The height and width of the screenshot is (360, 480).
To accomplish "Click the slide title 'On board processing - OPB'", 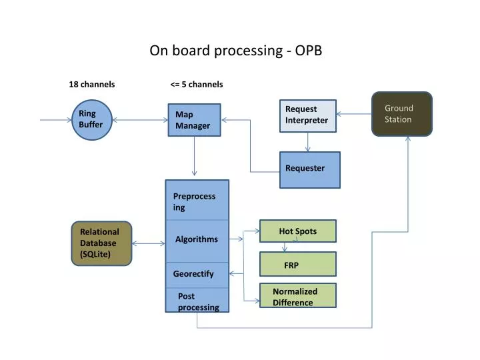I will (235, 51).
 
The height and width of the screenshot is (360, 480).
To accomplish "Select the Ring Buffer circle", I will (91, 120).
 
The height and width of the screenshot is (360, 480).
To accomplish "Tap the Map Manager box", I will (193, 120).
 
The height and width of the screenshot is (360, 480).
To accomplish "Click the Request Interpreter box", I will (307, 115).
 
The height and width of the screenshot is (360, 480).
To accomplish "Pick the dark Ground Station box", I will (401, 114).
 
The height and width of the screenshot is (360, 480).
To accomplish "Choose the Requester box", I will (309, 169).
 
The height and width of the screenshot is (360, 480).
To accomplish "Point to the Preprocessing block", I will (197, 200).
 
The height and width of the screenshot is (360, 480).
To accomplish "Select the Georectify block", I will (197, 274).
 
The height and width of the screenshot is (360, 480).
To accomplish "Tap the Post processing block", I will (197, 301).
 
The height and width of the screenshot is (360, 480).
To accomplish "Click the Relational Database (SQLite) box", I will (101, 243).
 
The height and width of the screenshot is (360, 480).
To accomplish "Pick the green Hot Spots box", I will (297, 231).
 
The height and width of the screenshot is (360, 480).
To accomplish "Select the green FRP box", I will (297, 265).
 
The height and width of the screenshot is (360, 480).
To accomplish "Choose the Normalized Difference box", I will (297, 296).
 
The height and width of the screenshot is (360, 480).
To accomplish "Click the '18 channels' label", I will (92, 85).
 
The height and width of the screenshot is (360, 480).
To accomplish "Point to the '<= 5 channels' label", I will (197, 85).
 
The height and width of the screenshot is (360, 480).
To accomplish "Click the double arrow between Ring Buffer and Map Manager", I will (139, 121).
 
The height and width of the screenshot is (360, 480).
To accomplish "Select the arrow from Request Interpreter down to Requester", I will (307, 142).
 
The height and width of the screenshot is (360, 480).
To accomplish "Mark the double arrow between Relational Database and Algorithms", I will (148, 243).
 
